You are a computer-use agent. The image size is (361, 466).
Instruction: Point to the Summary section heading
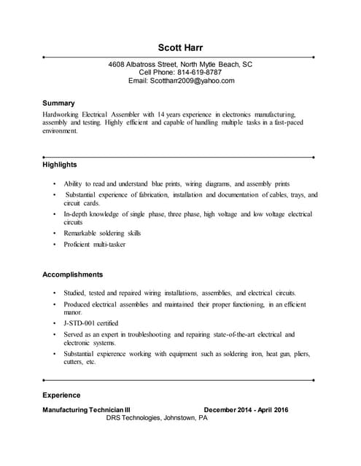pos(58,103)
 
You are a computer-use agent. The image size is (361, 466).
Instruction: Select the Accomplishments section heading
pos(73,275)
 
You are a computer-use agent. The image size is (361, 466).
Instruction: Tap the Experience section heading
pos(61,395)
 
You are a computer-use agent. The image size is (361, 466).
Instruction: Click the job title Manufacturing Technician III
pos(87,410)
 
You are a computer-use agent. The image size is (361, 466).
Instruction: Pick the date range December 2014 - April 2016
pos(246,410)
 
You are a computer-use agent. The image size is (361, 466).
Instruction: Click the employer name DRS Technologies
pos(134,419)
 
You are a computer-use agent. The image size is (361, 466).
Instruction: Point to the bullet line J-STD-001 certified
pos(91,323)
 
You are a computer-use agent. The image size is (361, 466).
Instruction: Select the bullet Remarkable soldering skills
pos(102,233)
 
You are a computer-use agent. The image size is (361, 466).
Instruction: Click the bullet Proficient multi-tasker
pos(95,245)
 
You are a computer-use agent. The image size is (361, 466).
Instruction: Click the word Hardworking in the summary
pos(61,115)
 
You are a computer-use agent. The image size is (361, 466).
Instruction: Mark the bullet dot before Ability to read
pos(54,184)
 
